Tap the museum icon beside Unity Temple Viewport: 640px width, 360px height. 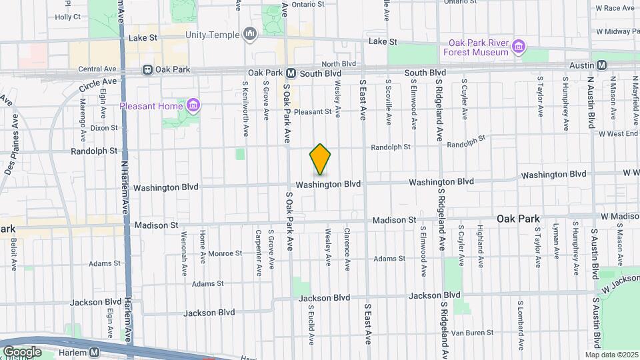[250, 33]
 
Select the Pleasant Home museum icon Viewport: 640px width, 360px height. [193, 105]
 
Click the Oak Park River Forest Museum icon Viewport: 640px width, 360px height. [519, 47]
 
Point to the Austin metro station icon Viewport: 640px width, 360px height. [601, 65]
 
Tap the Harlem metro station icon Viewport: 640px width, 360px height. [94, 352]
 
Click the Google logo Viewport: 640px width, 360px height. [22, 352]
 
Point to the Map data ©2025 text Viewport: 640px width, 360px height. [611, 355]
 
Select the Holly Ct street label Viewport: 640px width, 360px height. [67, 17]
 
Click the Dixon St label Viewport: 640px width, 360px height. [104, 127]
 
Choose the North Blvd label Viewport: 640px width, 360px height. [339, 64]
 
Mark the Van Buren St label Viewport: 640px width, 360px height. [471, 333]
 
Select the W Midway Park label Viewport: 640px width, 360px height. [618, 31]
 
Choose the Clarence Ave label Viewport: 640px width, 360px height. [347, 249]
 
